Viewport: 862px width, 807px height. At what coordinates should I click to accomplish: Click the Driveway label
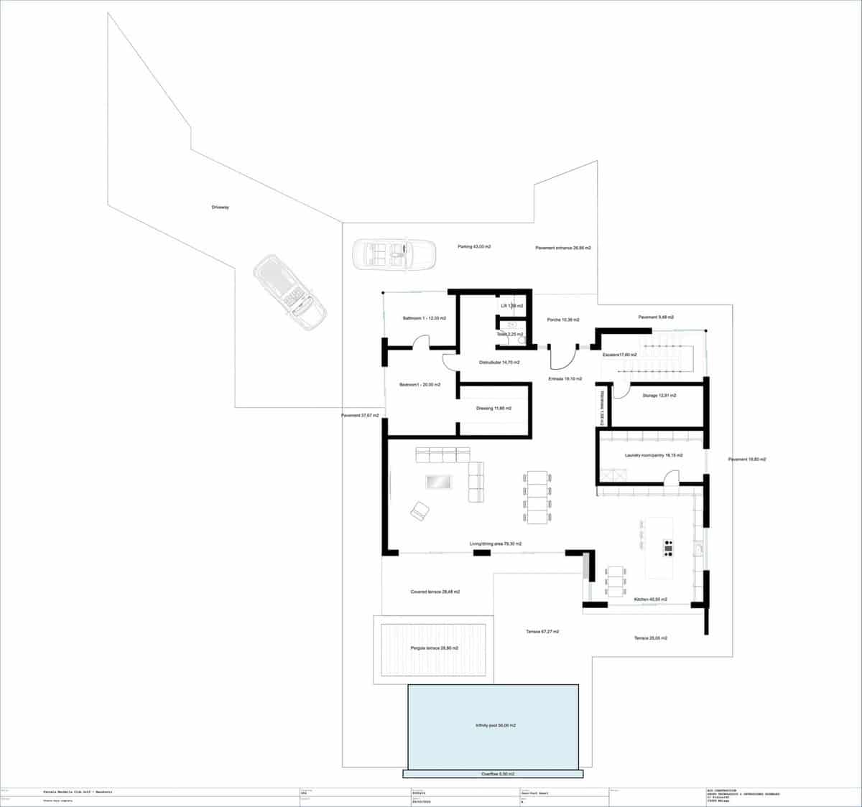[x=220, y=207]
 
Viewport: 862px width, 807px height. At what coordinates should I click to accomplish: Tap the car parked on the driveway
[x=289, y=293]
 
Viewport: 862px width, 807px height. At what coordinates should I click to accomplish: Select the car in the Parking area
[x=394, y=254]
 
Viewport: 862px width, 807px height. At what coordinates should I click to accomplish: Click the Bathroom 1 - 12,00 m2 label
[x=424, y=318]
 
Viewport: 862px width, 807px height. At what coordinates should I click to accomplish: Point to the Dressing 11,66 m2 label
[x=493, y=409]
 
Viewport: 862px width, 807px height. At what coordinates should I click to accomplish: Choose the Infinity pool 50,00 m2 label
[x=496, y=726]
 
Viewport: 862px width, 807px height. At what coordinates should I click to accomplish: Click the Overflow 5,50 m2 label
[x=497, y=774]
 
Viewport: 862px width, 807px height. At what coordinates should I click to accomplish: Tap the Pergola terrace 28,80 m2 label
[x=435, y=648]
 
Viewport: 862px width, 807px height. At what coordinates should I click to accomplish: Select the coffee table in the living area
[x=440, y=482]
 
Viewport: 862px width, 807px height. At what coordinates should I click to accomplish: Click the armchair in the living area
[x=420, y=510]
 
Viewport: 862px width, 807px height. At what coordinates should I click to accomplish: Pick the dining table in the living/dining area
[x=537, y=498]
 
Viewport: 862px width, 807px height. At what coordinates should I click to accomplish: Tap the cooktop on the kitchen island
[x=669, y=548]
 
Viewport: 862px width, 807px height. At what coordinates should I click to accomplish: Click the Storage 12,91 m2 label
[x=659, y=396]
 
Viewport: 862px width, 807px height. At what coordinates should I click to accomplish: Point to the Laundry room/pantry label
[x=654, y=455]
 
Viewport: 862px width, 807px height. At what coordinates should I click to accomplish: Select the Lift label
[x=511, y=306]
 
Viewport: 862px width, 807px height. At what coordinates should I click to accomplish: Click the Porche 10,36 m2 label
[x=562, y=319]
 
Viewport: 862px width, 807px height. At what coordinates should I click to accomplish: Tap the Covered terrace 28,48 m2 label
[x=435, y=592]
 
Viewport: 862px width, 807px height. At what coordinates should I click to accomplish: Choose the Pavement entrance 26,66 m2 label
[x=563, y=248]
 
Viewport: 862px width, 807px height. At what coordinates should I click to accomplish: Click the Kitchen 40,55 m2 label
[x=650, y=600]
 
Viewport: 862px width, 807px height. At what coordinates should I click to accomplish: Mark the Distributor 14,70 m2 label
[x=499, y=363]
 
